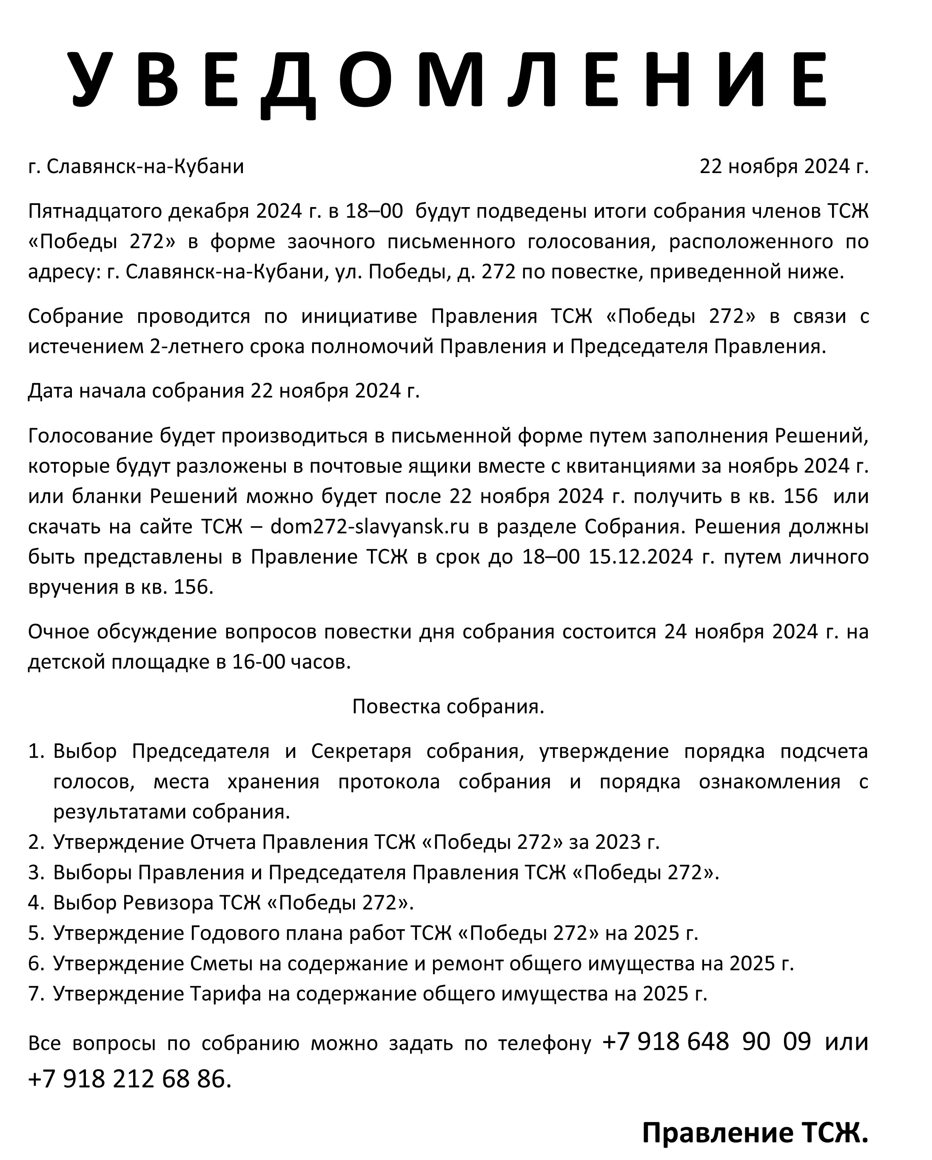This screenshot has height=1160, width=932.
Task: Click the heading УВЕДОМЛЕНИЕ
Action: (449, 80)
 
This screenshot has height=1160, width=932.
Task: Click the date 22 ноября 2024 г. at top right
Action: (784, 167)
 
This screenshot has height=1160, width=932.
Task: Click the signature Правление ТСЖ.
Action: (755, 1132)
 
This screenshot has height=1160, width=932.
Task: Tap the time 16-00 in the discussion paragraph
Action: (258, 662)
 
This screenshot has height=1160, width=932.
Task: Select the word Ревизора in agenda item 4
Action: (168, 902)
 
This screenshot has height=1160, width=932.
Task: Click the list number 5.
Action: (35, 933)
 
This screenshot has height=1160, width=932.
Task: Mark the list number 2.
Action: (35, 842)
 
